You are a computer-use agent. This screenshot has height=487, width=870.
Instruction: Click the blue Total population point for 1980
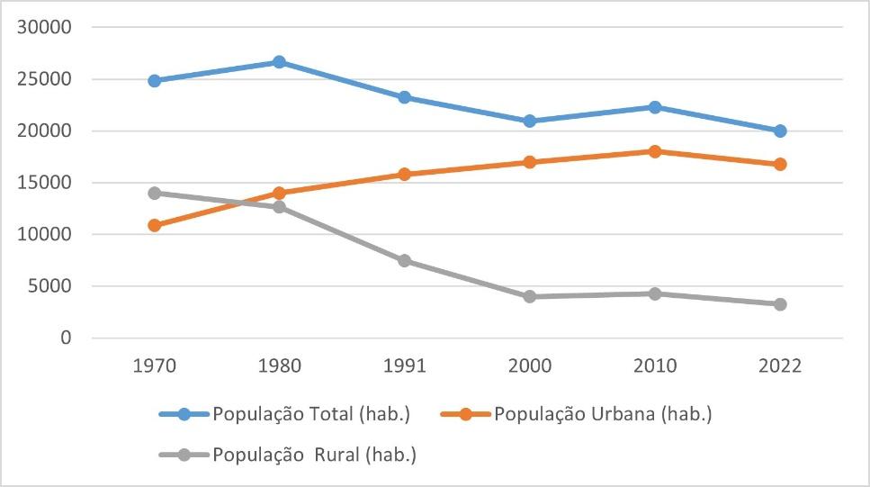279,62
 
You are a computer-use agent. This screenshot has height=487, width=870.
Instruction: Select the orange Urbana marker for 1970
154,225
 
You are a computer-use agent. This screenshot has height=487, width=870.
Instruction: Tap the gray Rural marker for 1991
405,261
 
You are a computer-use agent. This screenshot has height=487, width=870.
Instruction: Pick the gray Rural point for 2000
530,296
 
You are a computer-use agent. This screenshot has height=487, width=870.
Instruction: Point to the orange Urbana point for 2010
655,151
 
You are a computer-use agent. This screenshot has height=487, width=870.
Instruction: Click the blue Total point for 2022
780,131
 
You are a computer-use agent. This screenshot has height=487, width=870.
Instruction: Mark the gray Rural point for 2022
780,304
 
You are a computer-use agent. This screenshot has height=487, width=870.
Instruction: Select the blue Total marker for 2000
530,121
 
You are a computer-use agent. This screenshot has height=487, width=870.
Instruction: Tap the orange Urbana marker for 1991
405,174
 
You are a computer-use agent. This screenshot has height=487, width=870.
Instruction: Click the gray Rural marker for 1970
154,193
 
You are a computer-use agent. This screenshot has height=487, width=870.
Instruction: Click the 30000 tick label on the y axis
44,27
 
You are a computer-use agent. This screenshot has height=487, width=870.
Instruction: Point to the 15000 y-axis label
44,183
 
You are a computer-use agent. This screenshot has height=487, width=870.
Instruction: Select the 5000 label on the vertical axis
49,286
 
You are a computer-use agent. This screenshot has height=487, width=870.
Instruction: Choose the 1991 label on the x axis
405,367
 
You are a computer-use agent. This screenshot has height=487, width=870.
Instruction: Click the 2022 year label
780,367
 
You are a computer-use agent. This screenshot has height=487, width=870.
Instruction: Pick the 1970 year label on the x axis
154,367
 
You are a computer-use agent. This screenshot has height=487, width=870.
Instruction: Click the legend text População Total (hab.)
311,414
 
